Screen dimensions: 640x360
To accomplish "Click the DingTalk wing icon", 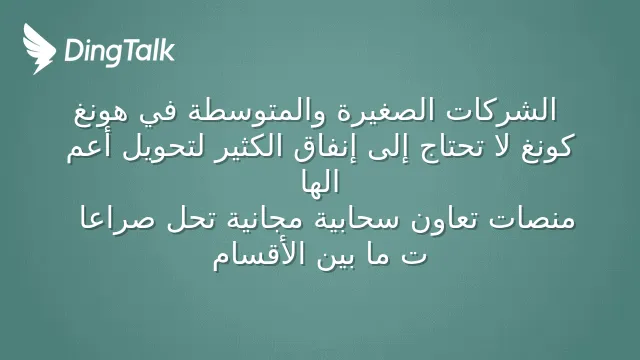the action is pos(39,49).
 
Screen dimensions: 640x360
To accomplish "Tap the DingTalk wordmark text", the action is pos(119,51).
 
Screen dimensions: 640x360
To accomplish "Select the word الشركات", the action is pos(501,110).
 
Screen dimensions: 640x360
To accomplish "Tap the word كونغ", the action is pos(548,148).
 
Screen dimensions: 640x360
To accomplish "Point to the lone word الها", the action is pos(320,182).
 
